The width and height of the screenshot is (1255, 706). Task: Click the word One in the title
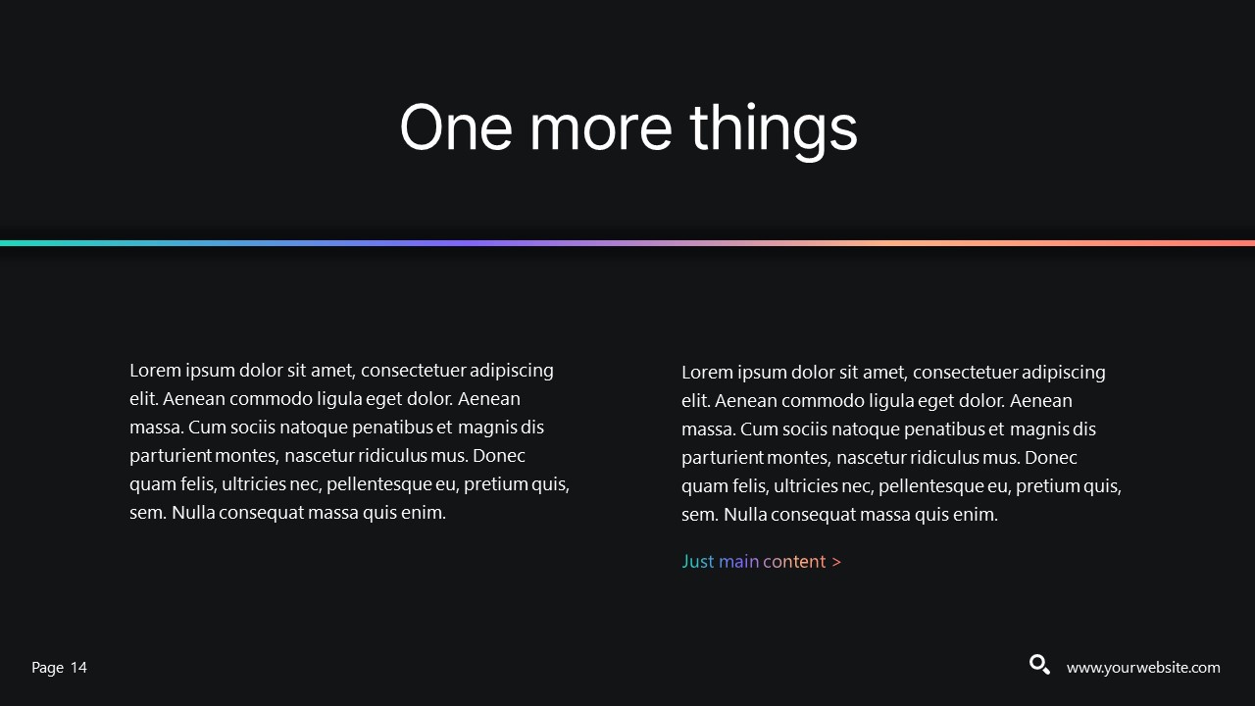(x=455, y=127)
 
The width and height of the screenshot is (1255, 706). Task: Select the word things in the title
(x=773, y=127)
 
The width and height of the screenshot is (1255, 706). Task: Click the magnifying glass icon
(x=1039, y=665)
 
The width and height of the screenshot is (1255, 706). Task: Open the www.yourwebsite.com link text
(x=1143, y=668)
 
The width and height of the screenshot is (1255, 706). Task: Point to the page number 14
(x=78, y=668)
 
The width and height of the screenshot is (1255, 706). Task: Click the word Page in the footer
(x=47, y=668)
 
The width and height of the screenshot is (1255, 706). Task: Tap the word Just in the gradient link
(x=697, y=562)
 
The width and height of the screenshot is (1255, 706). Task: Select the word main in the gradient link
(x=738, y=562)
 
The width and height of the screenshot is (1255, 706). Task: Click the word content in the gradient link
(x=794, y=562)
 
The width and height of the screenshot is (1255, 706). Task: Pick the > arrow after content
(x=836, y=562)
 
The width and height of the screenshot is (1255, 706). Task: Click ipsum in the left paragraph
(x=210, y=371)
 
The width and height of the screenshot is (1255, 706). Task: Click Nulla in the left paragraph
(x=193, y=513)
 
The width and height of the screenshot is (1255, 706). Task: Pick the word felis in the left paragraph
(x=196, y=484)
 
